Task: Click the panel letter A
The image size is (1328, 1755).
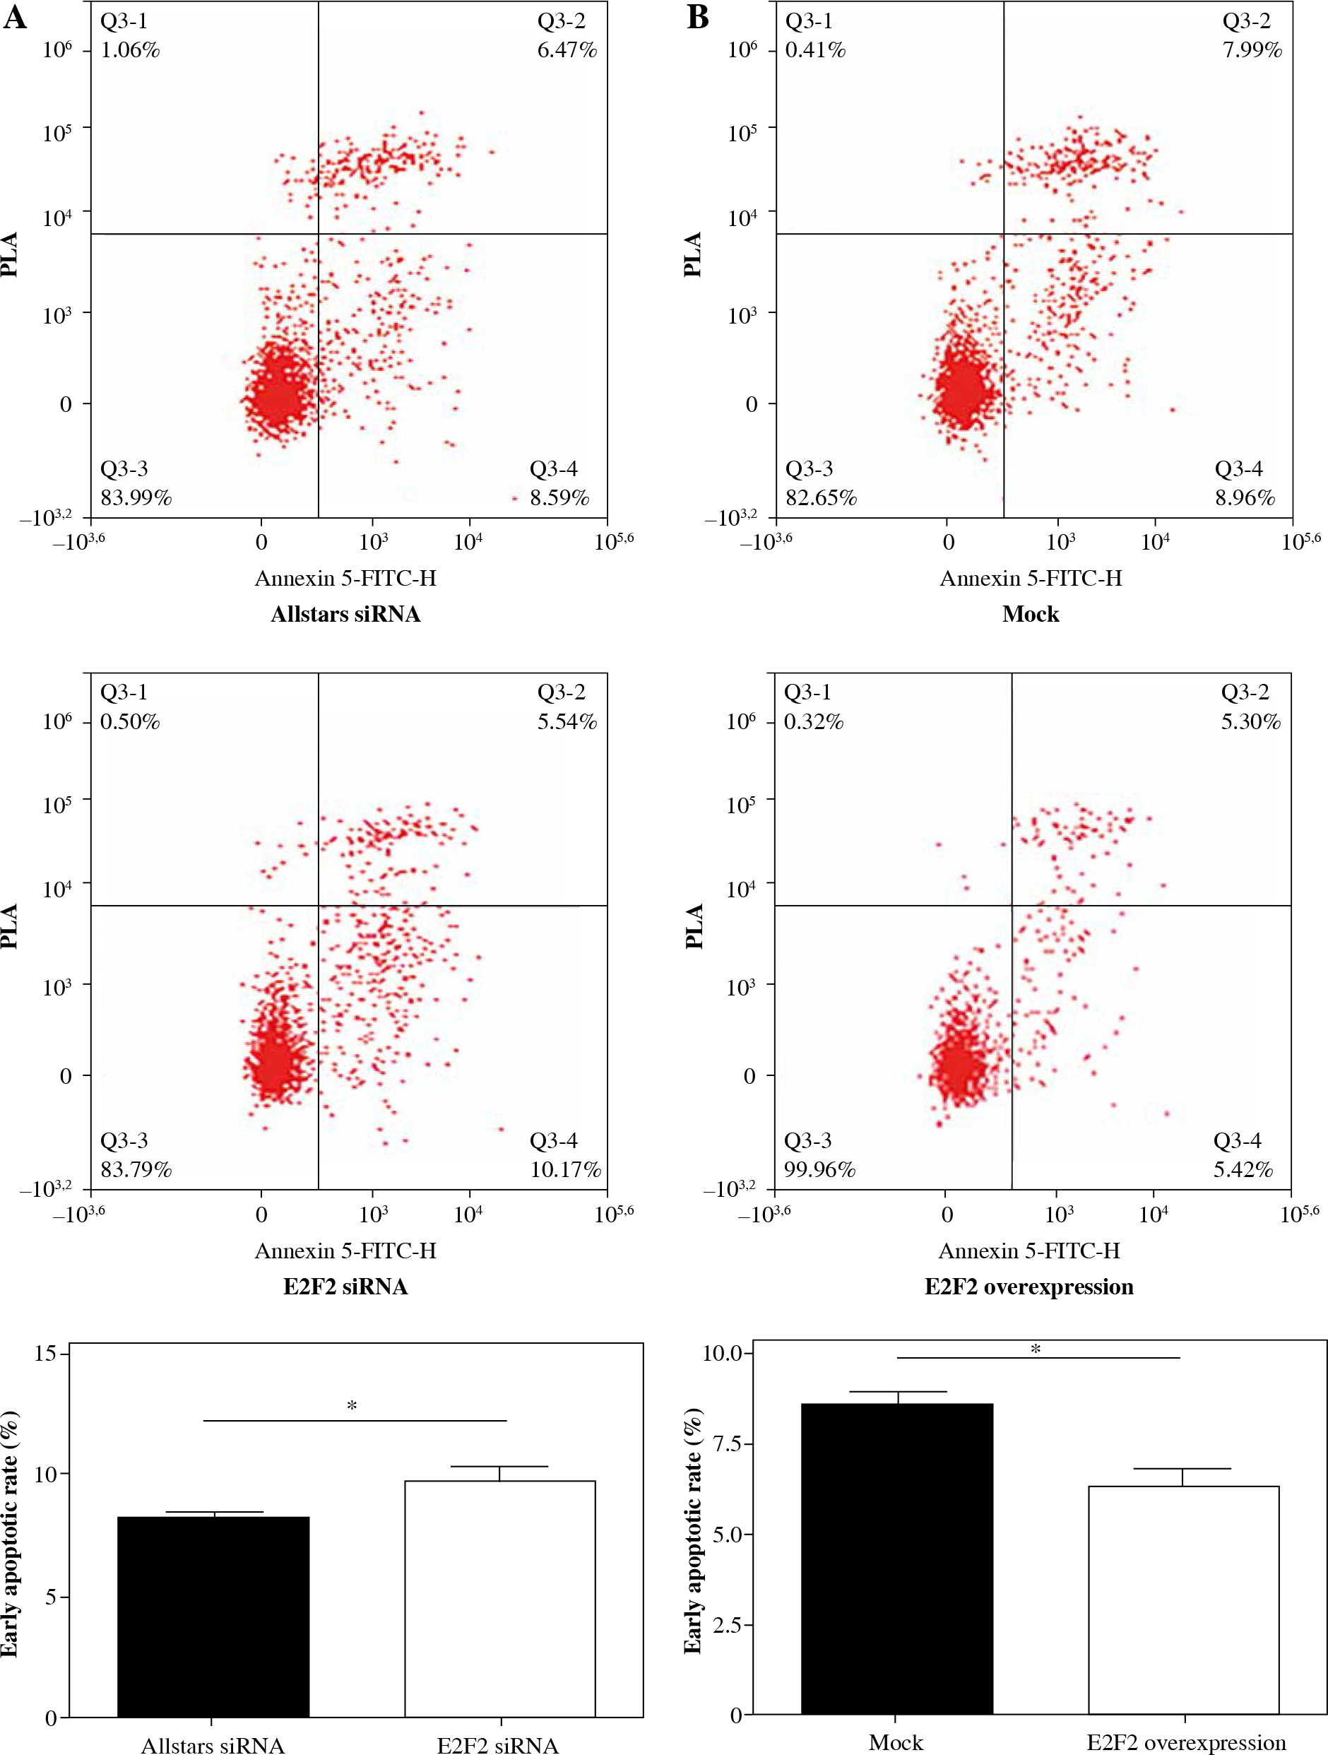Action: tap(15, 17)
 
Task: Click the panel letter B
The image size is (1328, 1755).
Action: tap(698, 17)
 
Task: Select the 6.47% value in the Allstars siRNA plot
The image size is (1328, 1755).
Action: tap(567, 50)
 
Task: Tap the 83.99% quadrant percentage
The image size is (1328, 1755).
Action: tap(136, 497)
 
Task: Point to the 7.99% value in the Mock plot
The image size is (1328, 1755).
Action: tap(1252, 50)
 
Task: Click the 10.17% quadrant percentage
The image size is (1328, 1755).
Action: tap(565, 1169)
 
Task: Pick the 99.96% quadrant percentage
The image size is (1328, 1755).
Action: tap(819, 1169)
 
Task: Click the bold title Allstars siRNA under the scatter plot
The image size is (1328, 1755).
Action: tap(345, 614)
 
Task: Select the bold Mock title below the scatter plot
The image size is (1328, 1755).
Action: tap(1031, 614)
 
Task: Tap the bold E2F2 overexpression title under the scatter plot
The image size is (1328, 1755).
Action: tap(1029, 1286)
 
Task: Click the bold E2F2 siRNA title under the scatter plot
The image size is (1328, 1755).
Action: tap(345, 1286)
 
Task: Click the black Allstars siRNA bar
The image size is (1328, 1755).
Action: tap(213, 1619)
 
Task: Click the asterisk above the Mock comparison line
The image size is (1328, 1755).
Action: tap(1036, 1349)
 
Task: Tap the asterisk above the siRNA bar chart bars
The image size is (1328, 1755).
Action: tap(352, 1407)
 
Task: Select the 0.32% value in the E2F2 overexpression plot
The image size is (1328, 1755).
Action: tap(813, 722)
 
